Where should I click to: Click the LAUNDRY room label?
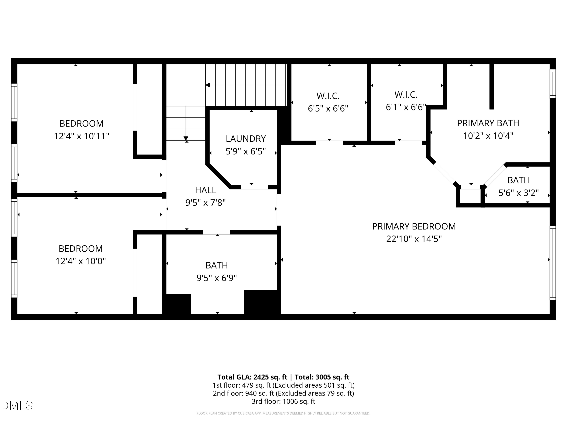click(246, 139)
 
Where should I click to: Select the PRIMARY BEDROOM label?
click(414, 226)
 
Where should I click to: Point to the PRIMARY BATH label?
click(488, 123)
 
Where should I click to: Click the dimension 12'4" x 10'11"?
click(81, 136)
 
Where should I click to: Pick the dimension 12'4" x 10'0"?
click(81, 261)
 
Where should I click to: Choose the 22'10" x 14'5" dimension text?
click(414, 239)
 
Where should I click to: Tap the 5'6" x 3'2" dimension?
click(519, 193)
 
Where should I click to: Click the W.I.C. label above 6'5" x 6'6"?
click(328, 96)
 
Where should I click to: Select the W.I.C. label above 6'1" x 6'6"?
click(406, 95)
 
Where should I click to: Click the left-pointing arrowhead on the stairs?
click(208, 85)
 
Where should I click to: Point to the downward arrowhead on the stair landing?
click(186, 139)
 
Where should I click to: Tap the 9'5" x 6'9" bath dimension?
click(217, 278)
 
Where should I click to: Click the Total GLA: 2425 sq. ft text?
click(252, 377)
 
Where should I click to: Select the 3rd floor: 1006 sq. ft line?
click(283, 401)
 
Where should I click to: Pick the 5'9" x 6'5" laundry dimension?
click(246, 151)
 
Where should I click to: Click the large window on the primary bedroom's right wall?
click(553, 263)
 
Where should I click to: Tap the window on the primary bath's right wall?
click(553, 84)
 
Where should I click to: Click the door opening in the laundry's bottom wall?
click(255, 187)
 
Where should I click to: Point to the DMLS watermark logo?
click(17, 406)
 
